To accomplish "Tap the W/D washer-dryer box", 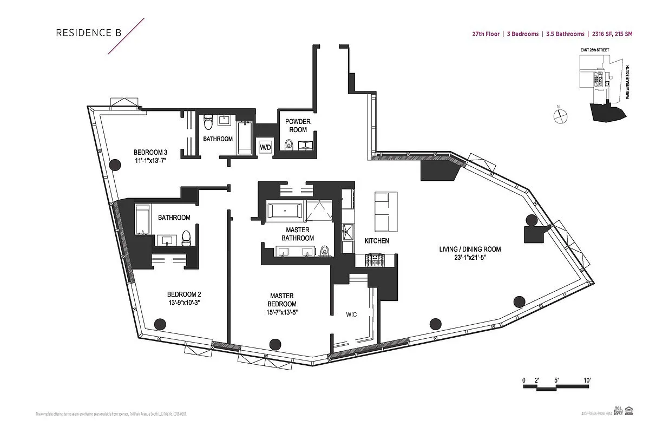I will pos(265,147).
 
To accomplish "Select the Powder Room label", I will pos(298,126).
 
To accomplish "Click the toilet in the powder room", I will pos(288,145).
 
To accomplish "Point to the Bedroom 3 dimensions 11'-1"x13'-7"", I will pos(150,160).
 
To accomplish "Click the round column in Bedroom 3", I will pos(114,165).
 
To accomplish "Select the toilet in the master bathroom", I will pos(325,251).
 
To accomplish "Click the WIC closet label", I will pos(352,314).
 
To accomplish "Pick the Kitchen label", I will pos(376,241).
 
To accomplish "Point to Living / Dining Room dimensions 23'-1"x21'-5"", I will pos(470,258).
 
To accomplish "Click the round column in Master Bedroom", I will pos(275,344).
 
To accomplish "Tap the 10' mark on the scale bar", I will pos(587,380).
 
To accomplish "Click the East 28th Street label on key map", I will pos(594,50).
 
